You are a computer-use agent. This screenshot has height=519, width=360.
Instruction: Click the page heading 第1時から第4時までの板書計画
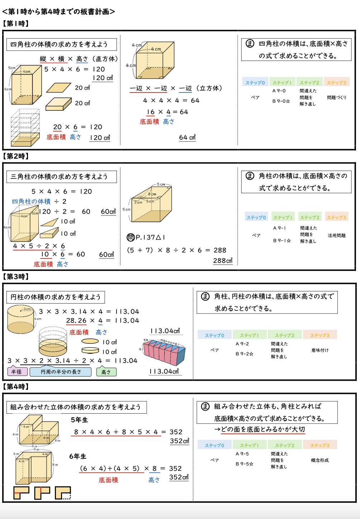pyautogui.click(x=58, y=11)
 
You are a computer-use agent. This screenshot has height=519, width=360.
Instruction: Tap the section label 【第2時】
pyautogui.click(x=16, y=156)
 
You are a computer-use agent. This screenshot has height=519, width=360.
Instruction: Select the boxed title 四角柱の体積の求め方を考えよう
pyautogui.click(x=59, y=44)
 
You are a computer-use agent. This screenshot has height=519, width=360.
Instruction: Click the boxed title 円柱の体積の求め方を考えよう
pyautogui.click(x=56, y=297)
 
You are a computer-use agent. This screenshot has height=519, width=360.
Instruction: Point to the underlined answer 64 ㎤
pyautogui.click(x=187, y=138)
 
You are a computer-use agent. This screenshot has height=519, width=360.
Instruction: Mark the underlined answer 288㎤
pyautogui.click(x=223, y=261)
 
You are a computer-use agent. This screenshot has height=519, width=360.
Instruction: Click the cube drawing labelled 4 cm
pyautogui.click(x=154, y=61)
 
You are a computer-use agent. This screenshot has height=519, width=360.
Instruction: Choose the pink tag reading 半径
pyautogui.click(x=16, y=372)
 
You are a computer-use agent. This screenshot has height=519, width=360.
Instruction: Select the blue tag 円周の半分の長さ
pyautogui.click(x=61, y=372)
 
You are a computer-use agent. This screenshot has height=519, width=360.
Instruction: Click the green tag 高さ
pyautogui.click(x=106, y=372)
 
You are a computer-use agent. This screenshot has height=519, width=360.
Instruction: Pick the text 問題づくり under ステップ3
pyautogui.click(x=337, y=97)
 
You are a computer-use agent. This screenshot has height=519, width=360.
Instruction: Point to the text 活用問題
pyautogui.click(x=336, y=235)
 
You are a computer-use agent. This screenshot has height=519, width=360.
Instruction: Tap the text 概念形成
pyautogui.click(x=320, y=460)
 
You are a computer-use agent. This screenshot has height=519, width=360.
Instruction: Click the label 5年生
pyautogui.click(x=79, y=420)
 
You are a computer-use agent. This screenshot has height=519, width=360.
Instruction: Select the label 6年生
pyautogui.click(x=78, y=456)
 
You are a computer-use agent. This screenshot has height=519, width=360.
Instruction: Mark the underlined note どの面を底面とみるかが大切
pyautogui.click(x=263, y=429)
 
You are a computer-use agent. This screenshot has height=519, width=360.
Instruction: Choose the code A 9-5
pyautogui.click(x=242, y=454)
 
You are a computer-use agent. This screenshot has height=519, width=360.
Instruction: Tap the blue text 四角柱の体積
pyautogui.click(x=31, y=201)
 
